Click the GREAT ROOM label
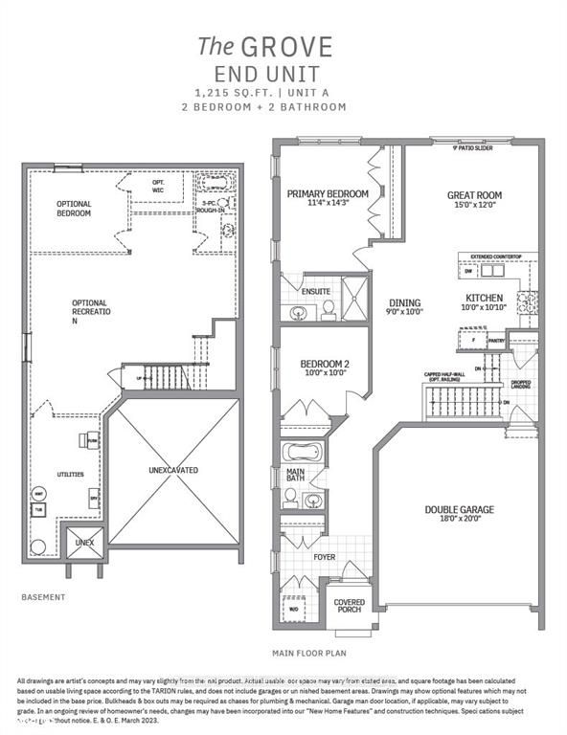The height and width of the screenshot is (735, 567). click(474, 195)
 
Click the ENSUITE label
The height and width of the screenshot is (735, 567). click(316, 291)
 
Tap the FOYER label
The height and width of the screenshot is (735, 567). click(326, 555)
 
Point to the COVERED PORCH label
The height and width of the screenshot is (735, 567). click(349, 608)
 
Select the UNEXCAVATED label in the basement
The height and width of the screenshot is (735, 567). click(172, 471)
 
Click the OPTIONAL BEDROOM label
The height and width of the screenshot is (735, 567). click(74, 208)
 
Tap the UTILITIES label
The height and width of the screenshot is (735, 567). click(70, 474)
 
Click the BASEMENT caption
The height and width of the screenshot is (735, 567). click(44, 597)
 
